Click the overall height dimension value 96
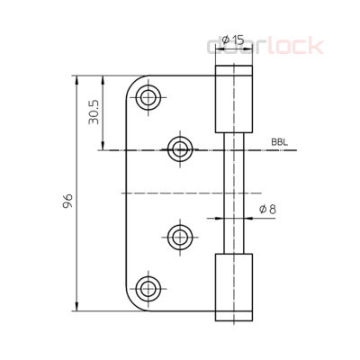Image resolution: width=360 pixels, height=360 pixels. pos(68,199)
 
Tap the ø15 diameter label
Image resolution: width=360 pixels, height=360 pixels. pos(232,40)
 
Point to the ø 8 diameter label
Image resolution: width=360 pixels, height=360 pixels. pos(267,210)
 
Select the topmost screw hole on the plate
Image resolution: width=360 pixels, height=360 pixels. pos(148,97)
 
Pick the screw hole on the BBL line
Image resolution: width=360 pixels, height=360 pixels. pos(181,148)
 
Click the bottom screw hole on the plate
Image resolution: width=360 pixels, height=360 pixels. pos(148,289)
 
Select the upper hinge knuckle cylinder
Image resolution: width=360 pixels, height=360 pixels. pos(232,99)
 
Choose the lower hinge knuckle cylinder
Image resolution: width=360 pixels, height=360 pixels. pos(232,286)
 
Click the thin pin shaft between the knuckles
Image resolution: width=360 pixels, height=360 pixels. pos(232,193)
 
